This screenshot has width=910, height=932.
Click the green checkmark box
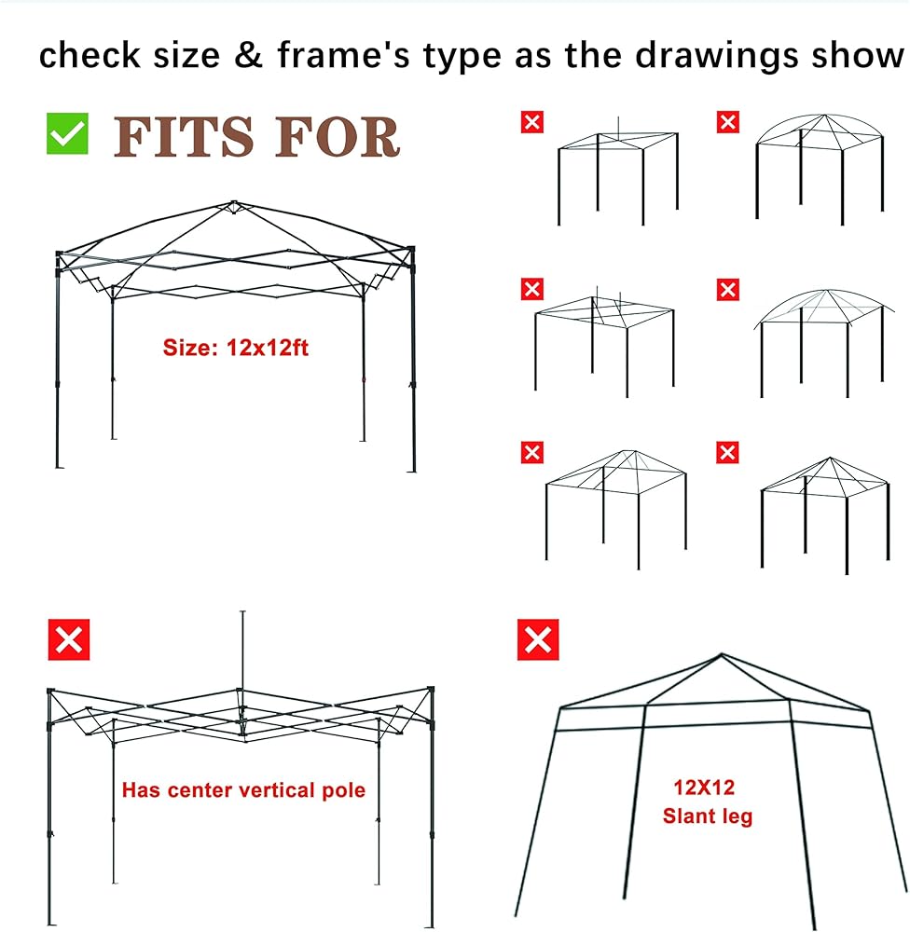[x=67, y=133]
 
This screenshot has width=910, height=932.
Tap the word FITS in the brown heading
[x=183, y=137]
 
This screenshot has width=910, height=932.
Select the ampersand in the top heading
[x=248, y=55]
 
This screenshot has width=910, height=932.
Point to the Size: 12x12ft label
[x=236, y=348]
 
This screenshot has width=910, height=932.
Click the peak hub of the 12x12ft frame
[x=233, y=206]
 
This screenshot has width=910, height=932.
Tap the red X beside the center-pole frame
[x=69, y=639]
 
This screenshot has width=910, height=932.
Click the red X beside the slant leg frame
[x=538, y=639]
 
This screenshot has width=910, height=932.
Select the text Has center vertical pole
[x=244, y=790]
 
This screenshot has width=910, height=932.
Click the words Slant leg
[x=708, y=816]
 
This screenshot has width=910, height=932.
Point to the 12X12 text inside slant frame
[x=704, y=788]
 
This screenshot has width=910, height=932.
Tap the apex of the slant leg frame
[x=722, y=654]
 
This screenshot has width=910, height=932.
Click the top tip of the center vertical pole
[x=242, y=611]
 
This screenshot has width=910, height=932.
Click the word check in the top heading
[x=90, y=55]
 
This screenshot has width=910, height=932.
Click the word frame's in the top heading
[x=344, y=55]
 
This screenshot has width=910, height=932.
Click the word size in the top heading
[x=186, y=55]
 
